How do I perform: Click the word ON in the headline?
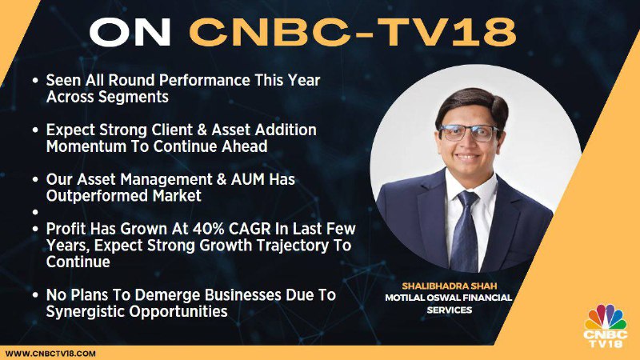pyautogui.click(x=130, y=33)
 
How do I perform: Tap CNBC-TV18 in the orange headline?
pyautogui.click(x=353, y=33)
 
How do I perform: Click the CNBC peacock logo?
pyautogui.click(x=606, y=326)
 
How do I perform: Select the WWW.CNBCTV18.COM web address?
pyautogui.click(x=50, y=354)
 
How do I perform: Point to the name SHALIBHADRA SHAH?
pyautogui.click(x=450, y=286)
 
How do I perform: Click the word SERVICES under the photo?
pyautogui.click(x=450, y=310)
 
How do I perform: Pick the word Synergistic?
pyautogui.click(x=86, y=312)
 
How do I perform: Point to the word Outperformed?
pyautogui.click(x=97, y=196)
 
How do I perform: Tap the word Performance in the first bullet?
pyautogui.click(x=205, y=81)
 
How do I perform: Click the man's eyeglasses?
pyautogui.click(x=469, y=133)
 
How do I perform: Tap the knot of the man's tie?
pyautogui.click(x=466, y=199)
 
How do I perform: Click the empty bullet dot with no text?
pyautogui.click(x=35, y=212)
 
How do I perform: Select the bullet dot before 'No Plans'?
pyautogui.click(x=35, y=295)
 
